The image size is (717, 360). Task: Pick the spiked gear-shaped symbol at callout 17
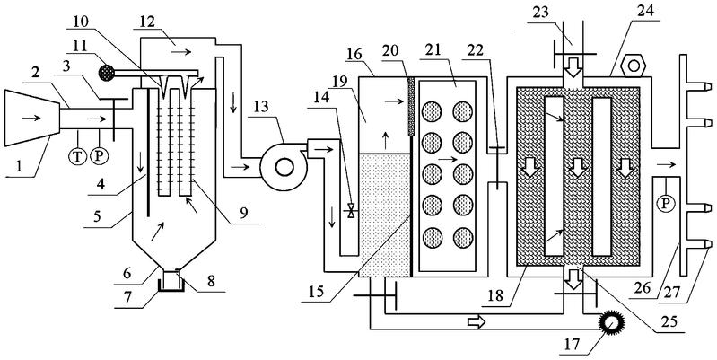coord(612,320)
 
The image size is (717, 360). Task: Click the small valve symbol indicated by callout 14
coord(352,215)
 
